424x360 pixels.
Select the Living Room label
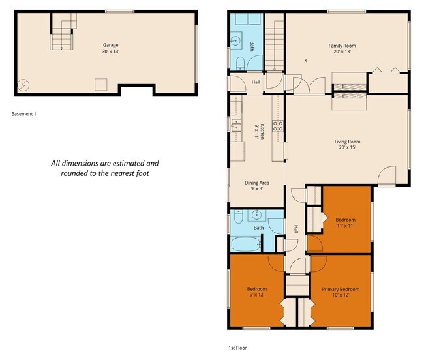pos(347,142)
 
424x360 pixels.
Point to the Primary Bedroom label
pos(341,289)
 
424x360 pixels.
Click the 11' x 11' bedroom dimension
pos(344,226)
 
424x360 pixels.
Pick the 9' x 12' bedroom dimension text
pos(256,295)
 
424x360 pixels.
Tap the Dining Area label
pos(256,183)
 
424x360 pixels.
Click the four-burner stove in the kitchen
pos(277,126)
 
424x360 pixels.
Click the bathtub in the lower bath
pos(245,245)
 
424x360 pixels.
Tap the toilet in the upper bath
pos(241,63)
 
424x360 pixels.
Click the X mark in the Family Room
pos(305,61)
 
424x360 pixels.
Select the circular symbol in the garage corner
pos(24,85)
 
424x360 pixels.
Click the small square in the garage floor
pos(100,83)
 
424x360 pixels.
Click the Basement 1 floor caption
pos(24,114)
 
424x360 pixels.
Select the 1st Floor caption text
pos(237,348)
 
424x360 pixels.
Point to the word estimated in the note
pos(136,164)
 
